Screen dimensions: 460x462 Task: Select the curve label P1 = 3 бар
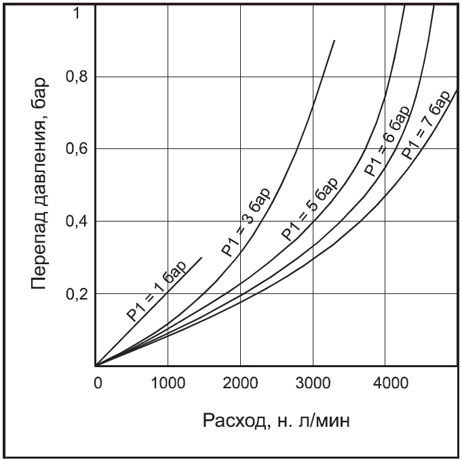click(246, 222)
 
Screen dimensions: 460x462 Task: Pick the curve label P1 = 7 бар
click(426, 123)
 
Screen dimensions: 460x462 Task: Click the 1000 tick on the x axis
click(168, 383)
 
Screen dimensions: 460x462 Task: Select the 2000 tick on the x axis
click(240, 383)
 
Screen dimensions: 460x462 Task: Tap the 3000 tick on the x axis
click(313, 383)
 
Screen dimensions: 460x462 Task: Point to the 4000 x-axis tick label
click(385, 383)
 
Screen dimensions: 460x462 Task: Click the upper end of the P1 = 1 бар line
click(202, 257)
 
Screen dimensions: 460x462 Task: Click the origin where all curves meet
click(96, 366)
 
